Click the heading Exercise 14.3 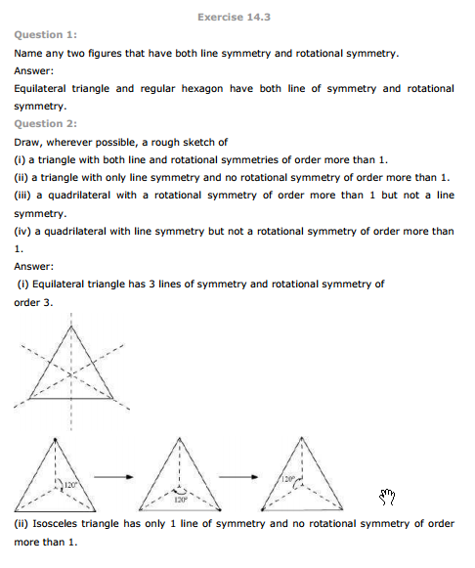237,17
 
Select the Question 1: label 44,34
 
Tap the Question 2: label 44,124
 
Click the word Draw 28,142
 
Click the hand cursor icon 386,497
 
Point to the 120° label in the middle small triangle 180,499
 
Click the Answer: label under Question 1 34,70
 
